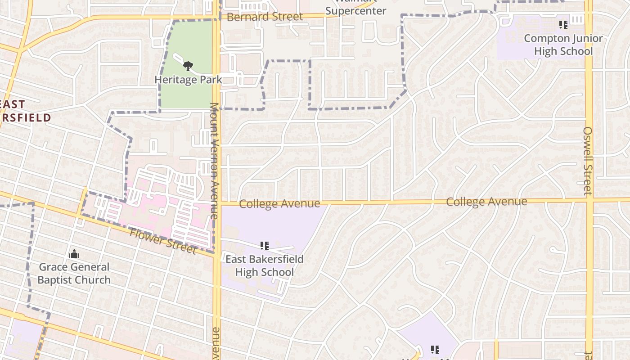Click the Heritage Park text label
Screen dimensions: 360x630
(188, 80)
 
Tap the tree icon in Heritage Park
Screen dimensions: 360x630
(188, 66)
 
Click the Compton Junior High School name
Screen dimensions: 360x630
(563, 45)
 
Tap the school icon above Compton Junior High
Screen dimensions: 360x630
(563, 24)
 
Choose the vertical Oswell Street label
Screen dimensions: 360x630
(588, 161)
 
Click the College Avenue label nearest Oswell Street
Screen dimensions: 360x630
(486, 201)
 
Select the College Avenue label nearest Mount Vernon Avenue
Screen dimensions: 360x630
(279, 204)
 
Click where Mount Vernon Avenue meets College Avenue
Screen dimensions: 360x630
(217, 204)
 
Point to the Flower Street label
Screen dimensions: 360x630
(162, 241)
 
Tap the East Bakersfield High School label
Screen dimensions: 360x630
(264, 265)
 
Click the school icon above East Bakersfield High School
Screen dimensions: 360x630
(265, 246)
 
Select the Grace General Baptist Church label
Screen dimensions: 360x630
(74, 273)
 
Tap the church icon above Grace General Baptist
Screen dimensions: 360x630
(74, 254)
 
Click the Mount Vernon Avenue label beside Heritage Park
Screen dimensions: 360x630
(214, 161)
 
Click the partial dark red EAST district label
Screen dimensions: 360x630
(13, 104)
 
